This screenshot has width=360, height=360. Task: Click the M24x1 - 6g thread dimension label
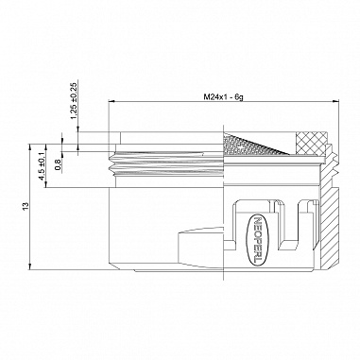(223, 97)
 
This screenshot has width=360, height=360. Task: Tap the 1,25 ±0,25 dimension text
(74, 101)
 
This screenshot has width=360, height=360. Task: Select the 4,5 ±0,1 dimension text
(42, 166)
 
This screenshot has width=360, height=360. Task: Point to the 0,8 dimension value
(58, 164)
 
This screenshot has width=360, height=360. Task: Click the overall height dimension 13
(26, 206)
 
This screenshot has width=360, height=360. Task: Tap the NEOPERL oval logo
(257, 240)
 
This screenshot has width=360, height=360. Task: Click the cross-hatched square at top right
(311, 144)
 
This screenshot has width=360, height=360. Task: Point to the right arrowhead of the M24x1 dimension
(336, 101)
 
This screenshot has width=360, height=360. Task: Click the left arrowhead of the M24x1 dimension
(111, 101)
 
